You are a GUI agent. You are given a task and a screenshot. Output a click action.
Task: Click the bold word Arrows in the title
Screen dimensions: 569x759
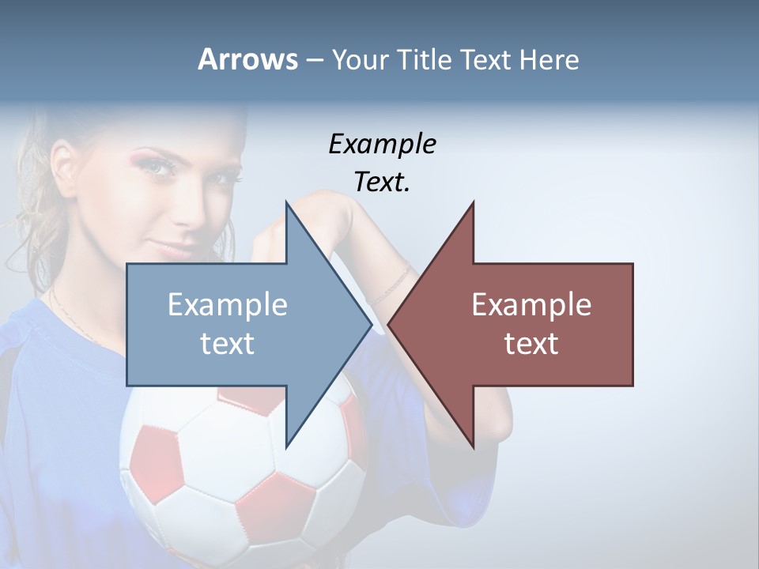tap(247, 59)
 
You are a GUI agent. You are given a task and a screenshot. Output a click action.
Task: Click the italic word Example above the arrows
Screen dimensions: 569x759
tap(382, 144)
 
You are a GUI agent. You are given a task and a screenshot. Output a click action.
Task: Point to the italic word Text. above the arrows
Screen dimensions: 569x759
tap(382, 182)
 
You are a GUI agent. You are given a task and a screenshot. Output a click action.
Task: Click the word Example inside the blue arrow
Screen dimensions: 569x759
tap(228, 305)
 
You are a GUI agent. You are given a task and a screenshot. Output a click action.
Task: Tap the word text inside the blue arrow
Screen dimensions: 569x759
tap(228, 344)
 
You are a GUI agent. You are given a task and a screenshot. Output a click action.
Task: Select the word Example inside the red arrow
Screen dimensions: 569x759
tap(531, 305)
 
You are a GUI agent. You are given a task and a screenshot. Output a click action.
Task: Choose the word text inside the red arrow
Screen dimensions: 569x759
tap(531, 344)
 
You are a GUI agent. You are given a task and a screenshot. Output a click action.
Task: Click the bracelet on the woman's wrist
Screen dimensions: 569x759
tap(393, 284)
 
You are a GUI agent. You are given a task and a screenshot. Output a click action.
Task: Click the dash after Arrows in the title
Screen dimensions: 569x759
tap(314, 61)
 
